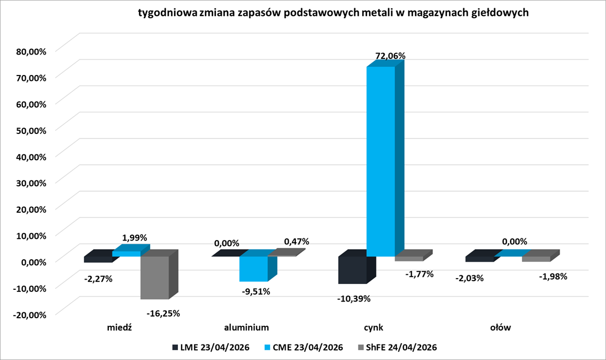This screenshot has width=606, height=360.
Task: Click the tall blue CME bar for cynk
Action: (380, 161)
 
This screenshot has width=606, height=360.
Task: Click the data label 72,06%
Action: (390, 56)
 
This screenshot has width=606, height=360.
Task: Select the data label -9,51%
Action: (256, 291)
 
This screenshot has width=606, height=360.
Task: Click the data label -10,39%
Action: (354, 298)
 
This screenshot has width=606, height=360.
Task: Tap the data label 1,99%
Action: (134, 237)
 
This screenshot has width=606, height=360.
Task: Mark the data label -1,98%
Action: (552, 277)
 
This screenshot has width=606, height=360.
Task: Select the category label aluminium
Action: (246, 327)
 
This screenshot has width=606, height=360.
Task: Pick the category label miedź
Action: (120, 327)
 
